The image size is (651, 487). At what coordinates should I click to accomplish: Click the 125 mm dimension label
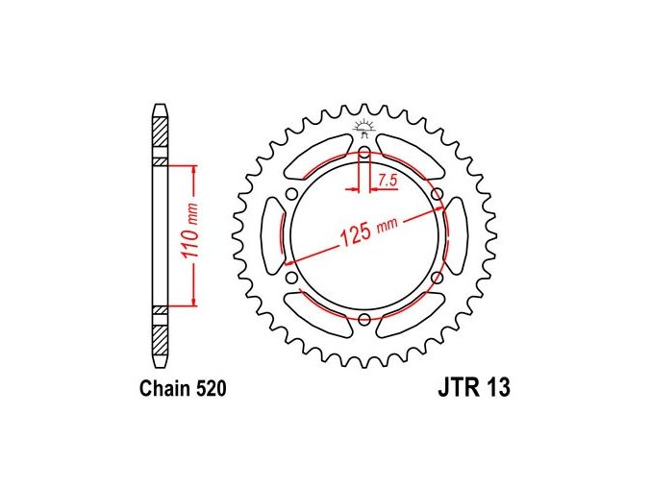pos(368,231)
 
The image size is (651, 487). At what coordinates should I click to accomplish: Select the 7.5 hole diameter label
pos(388,181)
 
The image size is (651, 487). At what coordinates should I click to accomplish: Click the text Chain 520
pos(183,389)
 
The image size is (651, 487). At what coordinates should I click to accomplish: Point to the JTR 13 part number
pos(474,388)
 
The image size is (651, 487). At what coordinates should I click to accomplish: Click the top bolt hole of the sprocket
pos(364,152)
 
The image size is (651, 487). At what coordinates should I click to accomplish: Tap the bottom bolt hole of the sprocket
pos(364,319)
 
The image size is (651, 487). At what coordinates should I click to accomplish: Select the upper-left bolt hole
pos(292,194)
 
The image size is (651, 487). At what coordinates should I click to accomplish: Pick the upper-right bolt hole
pos(437,194)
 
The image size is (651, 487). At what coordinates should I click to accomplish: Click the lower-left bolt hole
pos(292,277)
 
